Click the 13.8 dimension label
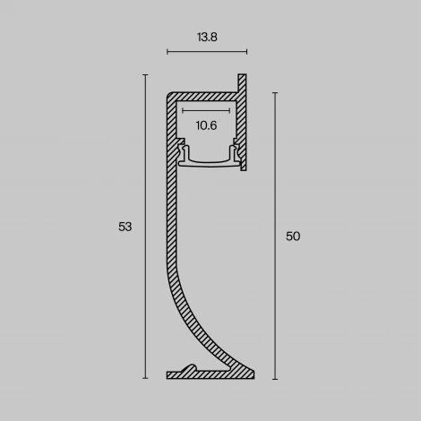207,38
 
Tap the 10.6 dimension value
207,125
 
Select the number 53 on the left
125,227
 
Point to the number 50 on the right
293,236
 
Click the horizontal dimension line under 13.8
207,53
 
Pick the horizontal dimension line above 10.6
207,111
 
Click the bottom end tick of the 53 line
145,378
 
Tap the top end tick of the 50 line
274,91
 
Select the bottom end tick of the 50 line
274,378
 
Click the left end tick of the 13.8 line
168,53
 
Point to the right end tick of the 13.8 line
246,53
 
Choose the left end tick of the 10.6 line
182,111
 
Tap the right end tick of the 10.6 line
233,111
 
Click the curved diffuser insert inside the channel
207,162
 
